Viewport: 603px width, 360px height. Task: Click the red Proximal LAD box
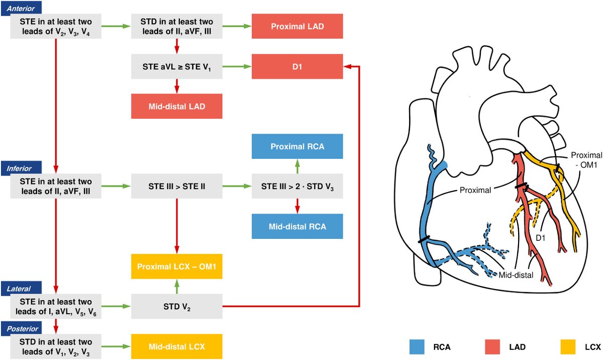(x=297, y=26)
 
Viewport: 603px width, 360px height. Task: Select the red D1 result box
(x=297, y=66)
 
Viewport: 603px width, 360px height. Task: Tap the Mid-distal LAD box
(x=176, y=106)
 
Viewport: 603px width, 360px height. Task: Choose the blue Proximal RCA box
(x=297, y=146)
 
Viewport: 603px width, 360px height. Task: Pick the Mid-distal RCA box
(x=297, y=226)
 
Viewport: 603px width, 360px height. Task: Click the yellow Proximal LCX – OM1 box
(x=176, y=266)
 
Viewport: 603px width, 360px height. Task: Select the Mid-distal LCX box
(x=176, y=346)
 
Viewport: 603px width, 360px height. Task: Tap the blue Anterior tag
(x=21, y=9)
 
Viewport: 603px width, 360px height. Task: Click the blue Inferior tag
(x=21, y=168)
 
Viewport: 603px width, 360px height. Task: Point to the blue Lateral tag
(x=21, y=289)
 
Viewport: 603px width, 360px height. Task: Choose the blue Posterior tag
(x=21, y=328)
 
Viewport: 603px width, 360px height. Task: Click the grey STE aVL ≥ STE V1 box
(x=176, y=66)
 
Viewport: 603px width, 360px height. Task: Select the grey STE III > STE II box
(x=176, y=186)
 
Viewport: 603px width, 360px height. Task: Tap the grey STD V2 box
(x=176, y=306)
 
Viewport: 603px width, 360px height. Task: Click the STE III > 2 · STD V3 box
(x=297, y=186)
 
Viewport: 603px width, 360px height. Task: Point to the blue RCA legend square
(x=417, y=347)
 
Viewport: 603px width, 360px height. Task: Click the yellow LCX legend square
(x=568, y=347)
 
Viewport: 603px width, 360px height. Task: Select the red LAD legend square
(x=492, y=347)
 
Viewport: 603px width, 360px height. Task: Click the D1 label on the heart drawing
(x=540, y=238)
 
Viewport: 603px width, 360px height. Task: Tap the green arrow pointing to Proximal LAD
(x=237, y=26)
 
